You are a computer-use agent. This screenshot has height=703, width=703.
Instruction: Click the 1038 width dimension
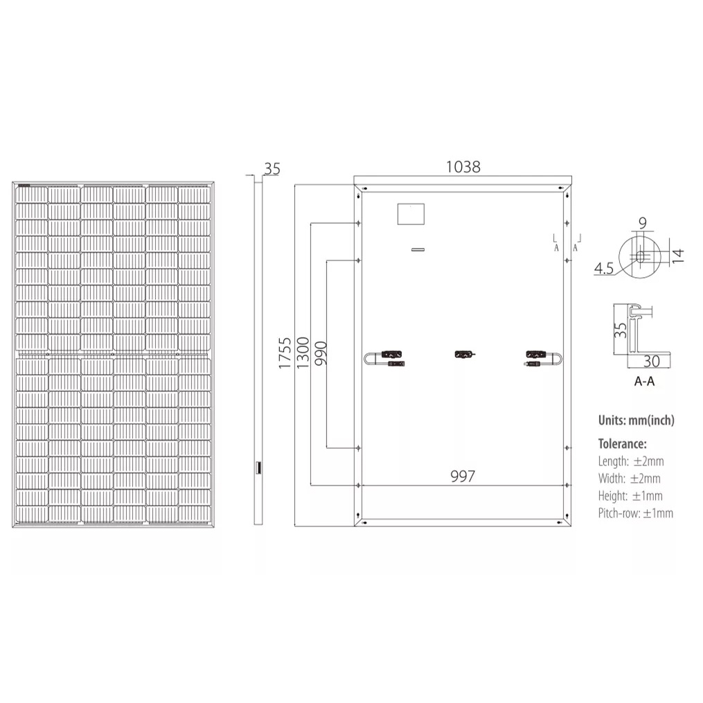point(463,167)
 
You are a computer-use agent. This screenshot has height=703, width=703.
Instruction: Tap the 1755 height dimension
point(285,353)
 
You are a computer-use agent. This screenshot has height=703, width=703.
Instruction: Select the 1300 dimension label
point(303,353)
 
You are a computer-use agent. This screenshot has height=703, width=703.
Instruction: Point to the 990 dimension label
point(321,353)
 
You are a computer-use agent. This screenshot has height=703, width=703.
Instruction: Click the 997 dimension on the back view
point(462,476)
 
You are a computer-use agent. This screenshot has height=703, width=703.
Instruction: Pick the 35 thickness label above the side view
point(272,169)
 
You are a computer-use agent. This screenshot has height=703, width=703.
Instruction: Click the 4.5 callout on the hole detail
point(603,268)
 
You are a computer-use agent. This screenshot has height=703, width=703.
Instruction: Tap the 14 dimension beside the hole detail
point(678,256)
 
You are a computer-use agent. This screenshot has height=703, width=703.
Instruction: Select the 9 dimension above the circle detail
point(643,223)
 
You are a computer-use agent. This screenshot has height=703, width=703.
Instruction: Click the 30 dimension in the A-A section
point(652,361)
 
